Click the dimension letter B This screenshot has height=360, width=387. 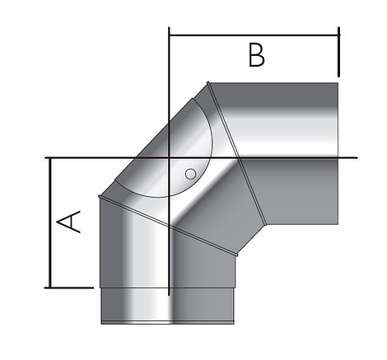[x=257, y=56]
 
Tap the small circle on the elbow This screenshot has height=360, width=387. [x=190, y=174]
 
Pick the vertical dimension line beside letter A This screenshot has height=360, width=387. [x=51, y=222]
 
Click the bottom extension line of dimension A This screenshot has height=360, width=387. [x=70, y=288]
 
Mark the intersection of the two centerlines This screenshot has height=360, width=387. [x=168, y=157]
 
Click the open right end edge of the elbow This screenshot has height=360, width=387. [x=338, y=152]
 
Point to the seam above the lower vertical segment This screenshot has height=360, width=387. [x=165, y=222]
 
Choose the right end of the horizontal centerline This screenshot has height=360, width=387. [x=355, y=157]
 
